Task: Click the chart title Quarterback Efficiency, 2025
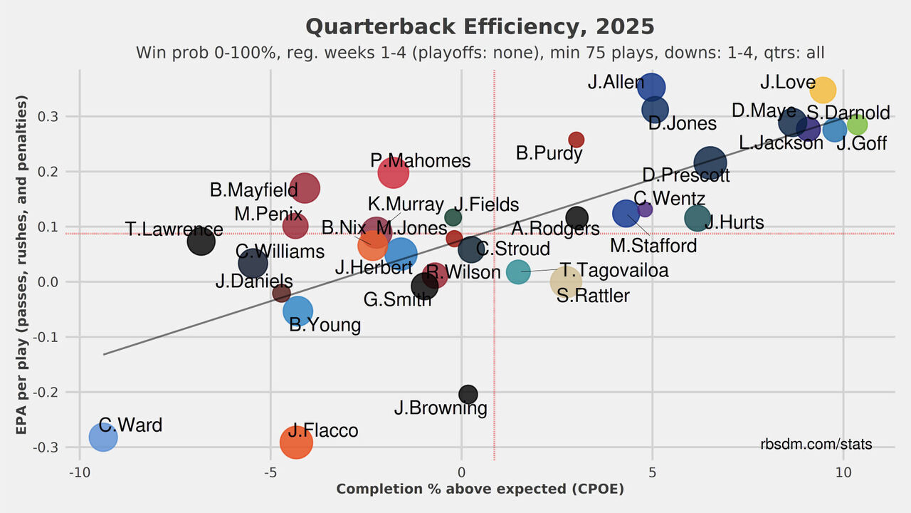480,27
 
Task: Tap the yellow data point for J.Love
823,90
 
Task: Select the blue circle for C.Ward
103,437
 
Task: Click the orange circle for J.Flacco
296,442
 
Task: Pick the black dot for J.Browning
468,394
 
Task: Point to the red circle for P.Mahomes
393,172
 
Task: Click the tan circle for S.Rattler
566,282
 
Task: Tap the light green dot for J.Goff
857,125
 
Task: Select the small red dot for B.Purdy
576,140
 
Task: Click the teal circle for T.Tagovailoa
519,271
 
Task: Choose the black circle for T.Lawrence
201,242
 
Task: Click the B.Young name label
325,325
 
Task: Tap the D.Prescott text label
685,175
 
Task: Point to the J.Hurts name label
735,222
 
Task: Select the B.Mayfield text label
253,190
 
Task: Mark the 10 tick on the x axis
843,472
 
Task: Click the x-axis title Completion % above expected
480,489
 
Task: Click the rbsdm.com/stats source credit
816,444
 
